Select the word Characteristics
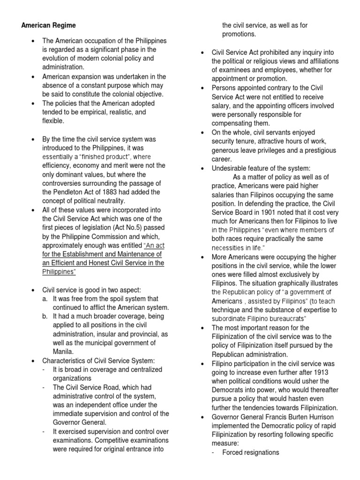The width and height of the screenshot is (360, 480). pos(65,360)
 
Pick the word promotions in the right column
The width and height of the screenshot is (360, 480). pos(239,34)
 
